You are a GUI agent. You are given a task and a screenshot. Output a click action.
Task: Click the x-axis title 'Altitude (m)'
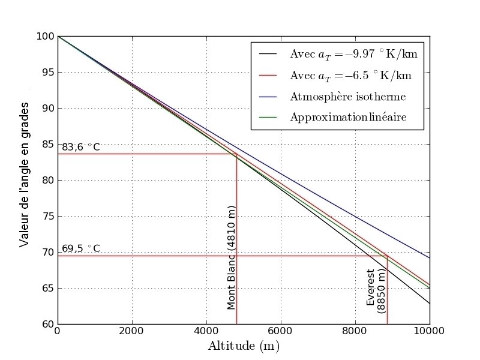coord(244,346)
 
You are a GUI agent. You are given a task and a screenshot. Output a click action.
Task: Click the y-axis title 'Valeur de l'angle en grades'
coord(25,179)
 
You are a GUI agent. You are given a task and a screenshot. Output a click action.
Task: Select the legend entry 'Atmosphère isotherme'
coord(348,97)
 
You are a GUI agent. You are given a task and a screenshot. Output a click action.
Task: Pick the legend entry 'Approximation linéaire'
coord(348,117)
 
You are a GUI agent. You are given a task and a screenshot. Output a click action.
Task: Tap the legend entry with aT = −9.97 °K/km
coord(353,54)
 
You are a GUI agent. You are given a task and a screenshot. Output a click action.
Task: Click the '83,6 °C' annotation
coord(80,147)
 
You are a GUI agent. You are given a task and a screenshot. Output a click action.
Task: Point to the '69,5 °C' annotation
coord(80,248)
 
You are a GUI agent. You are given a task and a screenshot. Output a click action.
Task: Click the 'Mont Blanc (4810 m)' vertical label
coord(232,258)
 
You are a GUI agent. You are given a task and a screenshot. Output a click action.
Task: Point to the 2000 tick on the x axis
coord(131,331)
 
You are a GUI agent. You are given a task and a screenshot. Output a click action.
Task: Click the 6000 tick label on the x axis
coord(280,331)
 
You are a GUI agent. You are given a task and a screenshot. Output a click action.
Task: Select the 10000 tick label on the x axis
coord(429,331)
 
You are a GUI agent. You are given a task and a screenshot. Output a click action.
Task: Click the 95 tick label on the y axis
coord(47,72)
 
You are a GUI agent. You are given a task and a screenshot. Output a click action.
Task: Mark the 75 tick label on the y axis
coord(47,216)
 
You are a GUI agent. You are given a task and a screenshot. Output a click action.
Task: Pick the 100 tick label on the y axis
coord(44,36)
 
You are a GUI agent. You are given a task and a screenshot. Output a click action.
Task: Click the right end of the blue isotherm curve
coord(429,258)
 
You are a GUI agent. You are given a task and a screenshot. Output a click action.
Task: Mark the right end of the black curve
coord(429,303)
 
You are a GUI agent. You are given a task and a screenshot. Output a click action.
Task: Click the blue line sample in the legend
coord(268,97)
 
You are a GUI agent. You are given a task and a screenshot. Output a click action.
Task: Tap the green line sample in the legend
coord(268,117)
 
